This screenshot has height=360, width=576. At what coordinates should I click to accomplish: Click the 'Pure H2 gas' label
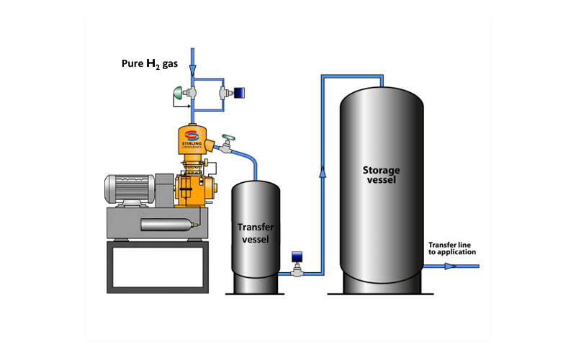click(148, 63)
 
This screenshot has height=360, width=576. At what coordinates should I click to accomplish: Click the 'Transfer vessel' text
click(254, 233)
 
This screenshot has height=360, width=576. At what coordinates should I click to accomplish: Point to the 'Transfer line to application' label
click(452, 248)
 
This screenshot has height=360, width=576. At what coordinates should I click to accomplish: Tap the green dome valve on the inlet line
click(177, 93)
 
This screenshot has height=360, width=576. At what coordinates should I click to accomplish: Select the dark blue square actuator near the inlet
click(238, 93)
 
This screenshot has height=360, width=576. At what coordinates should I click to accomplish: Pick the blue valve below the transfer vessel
click(296, 258)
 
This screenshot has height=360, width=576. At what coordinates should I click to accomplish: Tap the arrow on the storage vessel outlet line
click(449, 266)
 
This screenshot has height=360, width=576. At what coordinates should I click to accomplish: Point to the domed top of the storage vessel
click(382, 94)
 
